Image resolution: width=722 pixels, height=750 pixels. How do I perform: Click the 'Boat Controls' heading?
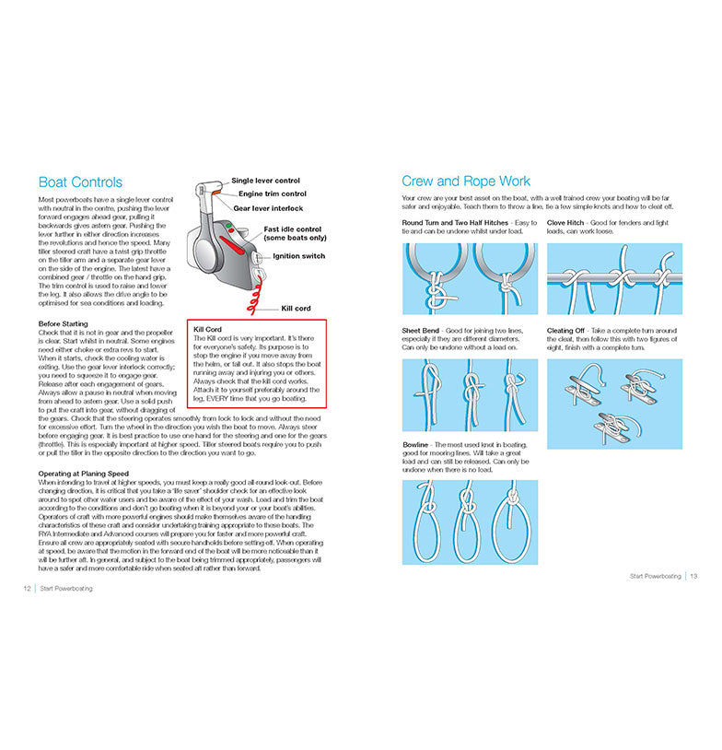pyautogui.click(x=80, y=182)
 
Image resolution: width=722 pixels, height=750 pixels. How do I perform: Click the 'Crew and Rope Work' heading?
pyautogui.click(x=466, y=181)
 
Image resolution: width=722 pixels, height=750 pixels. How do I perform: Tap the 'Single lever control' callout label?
pyautogui.click(x=265, y=181)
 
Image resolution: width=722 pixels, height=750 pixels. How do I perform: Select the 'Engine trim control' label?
pyautogui.click(x=273, y=194)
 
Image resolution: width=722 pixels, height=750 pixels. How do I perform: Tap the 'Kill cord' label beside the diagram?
pyautogui.click(x=297, y=308)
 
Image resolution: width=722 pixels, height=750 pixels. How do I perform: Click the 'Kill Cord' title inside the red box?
pyautogui.click(x=207, y=329)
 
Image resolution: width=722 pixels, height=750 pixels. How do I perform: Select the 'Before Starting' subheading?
pyautogui.click(x=64, y=323)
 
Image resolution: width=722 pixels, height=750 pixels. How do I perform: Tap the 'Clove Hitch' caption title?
pyautogui.click(x=565, y=223)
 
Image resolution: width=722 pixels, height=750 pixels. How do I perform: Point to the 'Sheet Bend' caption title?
pyautogui.click(x=420, y=331)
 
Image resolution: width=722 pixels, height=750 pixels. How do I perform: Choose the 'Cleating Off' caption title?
pyautogui.click(x=565, y=331)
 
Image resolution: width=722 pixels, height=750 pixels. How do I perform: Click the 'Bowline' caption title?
pyautogui.click(x=416, y=445)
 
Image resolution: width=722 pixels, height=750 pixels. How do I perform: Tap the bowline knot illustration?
pyautogui.click(x=470, y=521)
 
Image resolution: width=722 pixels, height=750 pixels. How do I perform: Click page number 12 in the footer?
pyautogui.click(x=28, y=588)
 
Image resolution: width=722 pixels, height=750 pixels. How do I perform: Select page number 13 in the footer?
pyautogui.click(x=693, y=576)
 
